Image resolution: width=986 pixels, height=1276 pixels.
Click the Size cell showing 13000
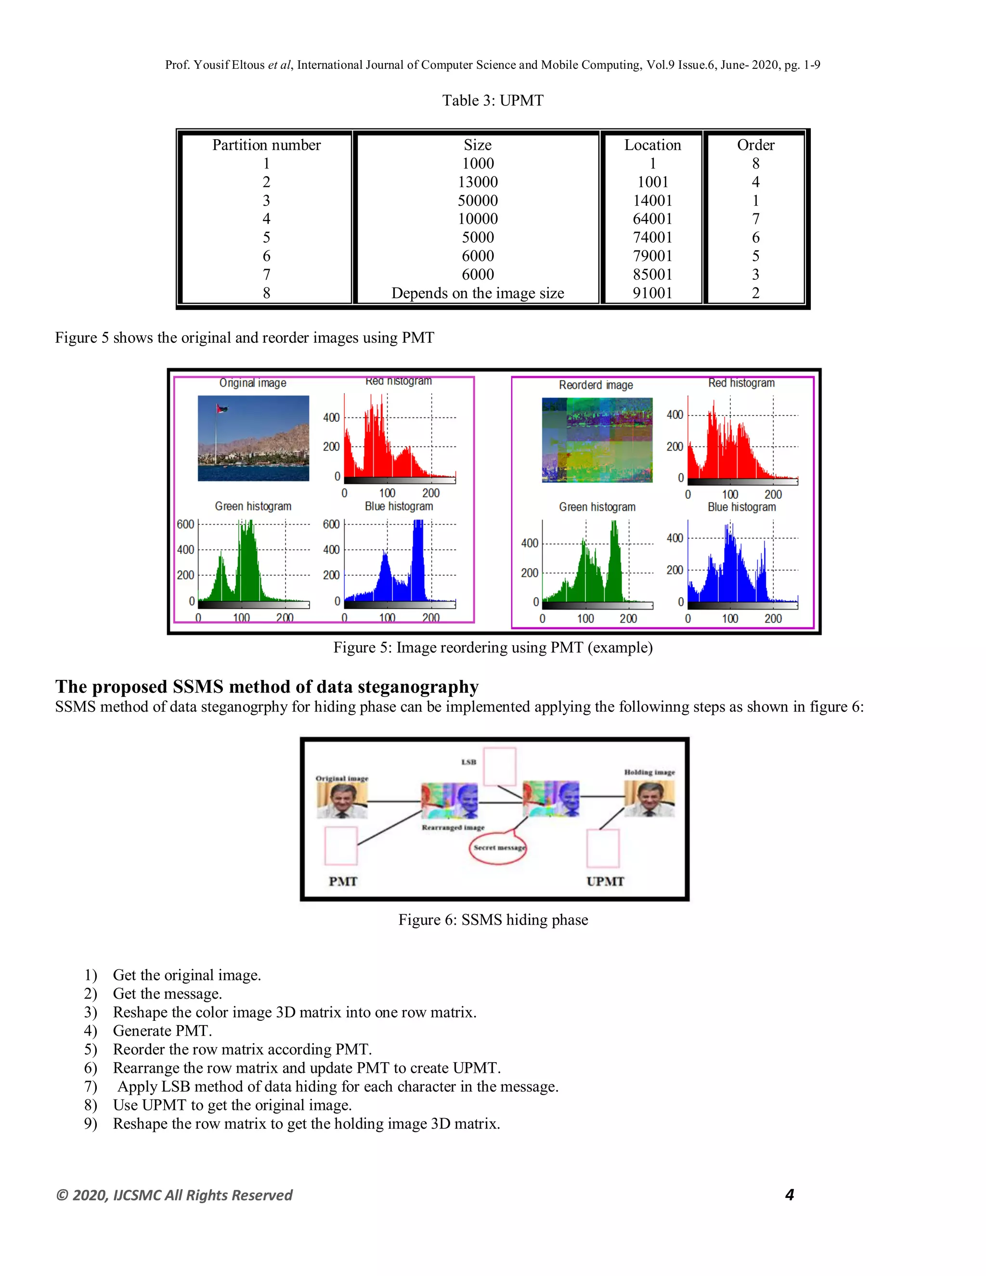pyautogui.click(x=477, y=182)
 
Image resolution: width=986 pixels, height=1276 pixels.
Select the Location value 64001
pyautogui.click(x=652, y=219)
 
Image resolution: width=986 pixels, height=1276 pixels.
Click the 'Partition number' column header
pyautogui.click(x=266, y=145)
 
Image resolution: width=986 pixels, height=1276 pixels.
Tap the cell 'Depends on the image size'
pyautogui.click(x=477, y=293)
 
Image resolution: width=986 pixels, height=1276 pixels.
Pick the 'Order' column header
pyautogui.click(x=755, y=145)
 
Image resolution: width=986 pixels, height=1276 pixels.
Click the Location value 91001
pyautogui.click(x=652, y=293)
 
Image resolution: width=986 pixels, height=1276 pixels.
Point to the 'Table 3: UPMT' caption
pyautogui.click(x=493, y=101)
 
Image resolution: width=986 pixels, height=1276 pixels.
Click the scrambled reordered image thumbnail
pyautogui.click(x=597, y=439)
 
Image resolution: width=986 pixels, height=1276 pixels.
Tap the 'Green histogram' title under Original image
pyautogui.click(x=253, y=506)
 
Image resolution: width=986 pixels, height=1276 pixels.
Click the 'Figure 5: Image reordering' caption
pyautogui.click(x=493, y=647)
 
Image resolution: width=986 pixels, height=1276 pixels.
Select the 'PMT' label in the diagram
pyautogui.click(x=342, y=881)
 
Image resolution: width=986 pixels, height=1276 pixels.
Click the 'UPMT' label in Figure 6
pyautogui.click(x=605, y=881)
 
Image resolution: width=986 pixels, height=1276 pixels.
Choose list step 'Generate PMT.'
pyautogui.click(x=162, y=1030)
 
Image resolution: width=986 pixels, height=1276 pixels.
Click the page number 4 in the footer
pyautogui.click(x=789, y=1195)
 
